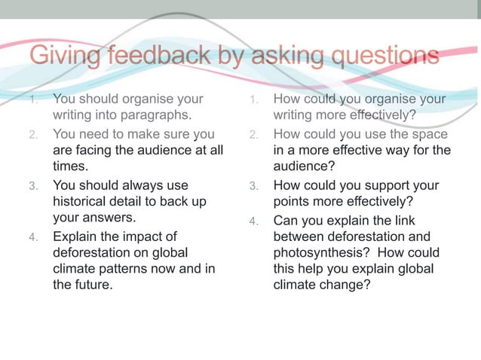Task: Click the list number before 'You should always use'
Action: pos(32,185)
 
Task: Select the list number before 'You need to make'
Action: pos(32,135)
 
